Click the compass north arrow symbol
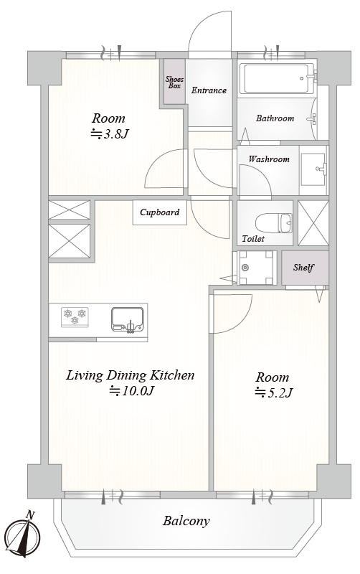(24, 537)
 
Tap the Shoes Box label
(174, 83)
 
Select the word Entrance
(209, 90)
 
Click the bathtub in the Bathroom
(277, 78)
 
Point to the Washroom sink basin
(313, 169)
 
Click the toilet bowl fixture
(273, 223)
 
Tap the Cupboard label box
(159, 212)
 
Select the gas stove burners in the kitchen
(75, 316)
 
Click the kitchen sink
(128, 319)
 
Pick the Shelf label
(303, 268)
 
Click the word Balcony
(186, 521)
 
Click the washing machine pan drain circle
(245, 268)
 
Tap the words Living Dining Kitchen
(131, 375)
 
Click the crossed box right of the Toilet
(313, 223)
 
